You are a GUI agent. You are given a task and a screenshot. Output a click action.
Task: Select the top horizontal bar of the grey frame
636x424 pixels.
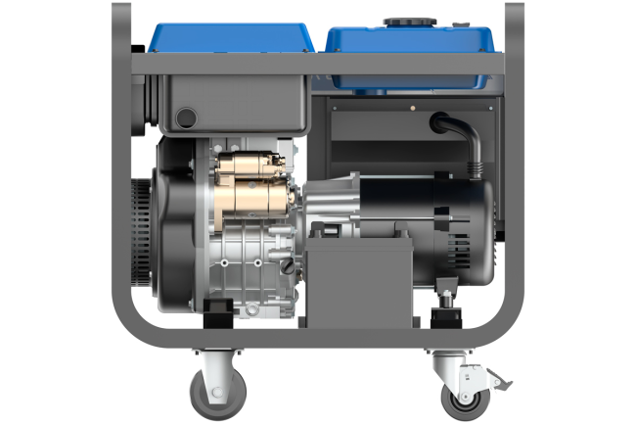[x=318, y=64]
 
